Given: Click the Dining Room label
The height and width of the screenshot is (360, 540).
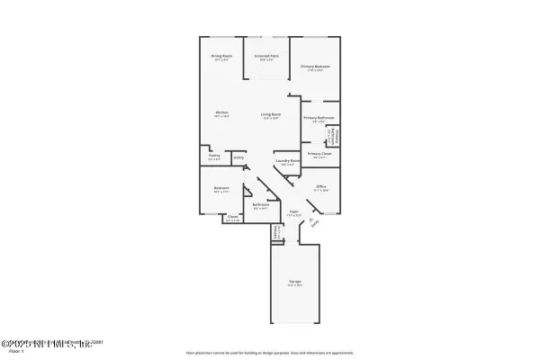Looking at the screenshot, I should [216, 56].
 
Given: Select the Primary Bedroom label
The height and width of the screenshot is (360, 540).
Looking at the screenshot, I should [316, 67].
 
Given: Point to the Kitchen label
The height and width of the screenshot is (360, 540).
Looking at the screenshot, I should [221, 113].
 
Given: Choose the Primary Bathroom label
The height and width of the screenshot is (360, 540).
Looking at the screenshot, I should [319, 119].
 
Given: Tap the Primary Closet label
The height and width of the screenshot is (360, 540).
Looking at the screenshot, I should [319, 154].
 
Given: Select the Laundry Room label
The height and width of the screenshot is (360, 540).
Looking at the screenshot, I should [287, 163].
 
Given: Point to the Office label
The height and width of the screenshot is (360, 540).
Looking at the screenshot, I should [320, 188].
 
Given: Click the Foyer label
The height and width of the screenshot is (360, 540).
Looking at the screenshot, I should [293, 214].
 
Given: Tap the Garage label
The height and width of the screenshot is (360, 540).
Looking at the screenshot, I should [294, 283].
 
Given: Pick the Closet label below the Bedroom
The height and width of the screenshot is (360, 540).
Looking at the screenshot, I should [232, 217].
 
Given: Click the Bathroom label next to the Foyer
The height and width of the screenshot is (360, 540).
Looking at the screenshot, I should [261, 205].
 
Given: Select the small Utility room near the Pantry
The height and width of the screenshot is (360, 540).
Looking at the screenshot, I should [238, 158].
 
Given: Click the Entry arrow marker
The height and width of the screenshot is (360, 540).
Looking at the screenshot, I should [312, 224].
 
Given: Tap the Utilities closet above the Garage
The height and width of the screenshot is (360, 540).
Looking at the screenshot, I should [275, 232].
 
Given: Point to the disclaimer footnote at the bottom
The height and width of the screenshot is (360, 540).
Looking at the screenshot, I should [269, 352].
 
